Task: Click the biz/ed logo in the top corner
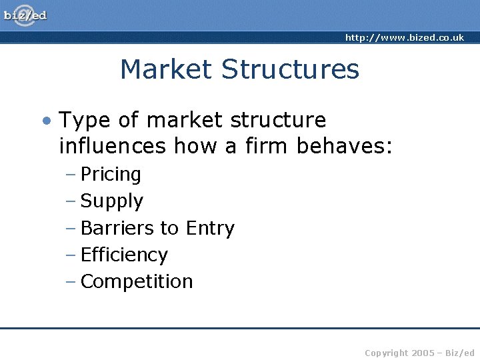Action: coord(25,15)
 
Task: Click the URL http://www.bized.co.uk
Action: coord(404,38)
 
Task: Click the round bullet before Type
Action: coord(46,121)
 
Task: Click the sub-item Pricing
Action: coord(111,175)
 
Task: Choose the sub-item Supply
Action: coord(111,201)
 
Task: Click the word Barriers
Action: coord(117,228)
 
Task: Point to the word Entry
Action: coord(210,228)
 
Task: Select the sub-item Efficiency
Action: coord(124,255)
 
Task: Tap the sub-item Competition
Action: coord(137,281)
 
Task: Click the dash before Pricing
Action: coord(71,175)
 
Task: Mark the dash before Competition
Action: coord(71,281)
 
